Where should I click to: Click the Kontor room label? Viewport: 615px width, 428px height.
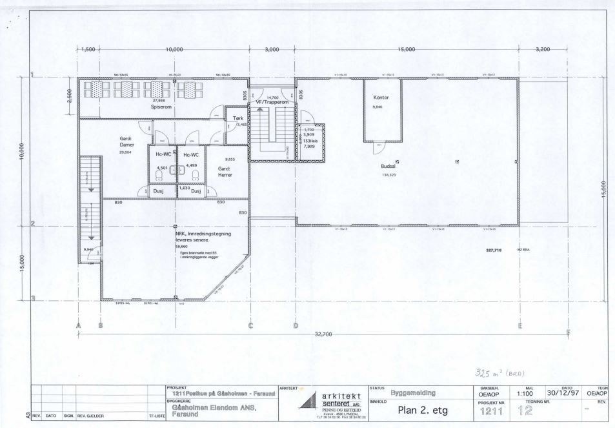[381, 98]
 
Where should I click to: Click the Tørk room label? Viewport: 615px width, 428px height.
[238, 119]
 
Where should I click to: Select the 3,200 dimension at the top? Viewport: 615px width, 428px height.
[543, 49]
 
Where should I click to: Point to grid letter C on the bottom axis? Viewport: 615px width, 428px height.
[250, 325]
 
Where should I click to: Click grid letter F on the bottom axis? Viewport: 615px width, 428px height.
[568, 333]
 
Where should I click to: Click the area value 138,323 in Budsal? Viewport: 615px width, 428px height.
[388, 175]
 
